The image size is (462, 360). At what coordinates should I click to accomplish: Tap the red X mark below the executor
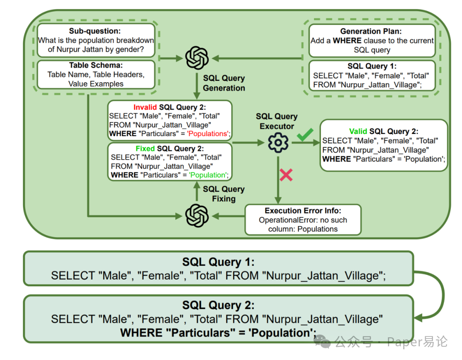(x=286, y=174)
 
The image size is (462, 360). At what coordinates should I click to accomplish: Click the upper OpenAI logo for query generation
(x=197, y=58)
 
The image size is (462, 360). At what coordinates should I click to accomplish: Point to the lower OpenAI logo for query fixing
(x=197, y=215)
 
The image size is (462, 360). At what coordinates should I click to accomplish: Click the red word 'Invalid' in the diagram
(x=145, y=107)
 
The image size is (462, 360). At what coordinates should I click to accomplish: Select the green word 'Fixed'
(x=145, y=149)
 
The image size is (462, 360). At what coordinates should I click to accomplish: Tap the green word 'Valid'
(x=358, y=131)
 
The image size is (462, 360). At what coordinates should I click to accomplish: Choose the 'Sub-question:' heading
(x=95, y=31)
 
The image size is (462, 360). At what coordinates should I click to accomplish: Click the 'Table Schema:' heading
(x=95, y=65)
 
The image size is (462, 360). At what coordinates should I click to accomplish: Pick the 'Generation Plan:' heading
(x=372, y=31)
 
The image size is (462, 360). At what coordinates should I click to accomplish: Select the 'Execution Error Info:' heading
(x=303, y=211)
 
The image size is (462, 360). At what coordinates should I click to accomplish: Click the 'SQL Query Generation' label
(x=224, y=83)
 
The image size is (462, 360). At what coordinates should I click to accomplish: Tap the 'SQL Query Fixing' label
(x=224, y=193)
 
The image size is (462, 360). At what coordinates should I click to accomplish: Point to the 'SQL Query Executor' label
(x=277, y=121)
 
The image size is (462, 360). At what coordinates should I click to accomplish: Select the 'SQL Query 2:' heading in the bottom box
(x=218, y=305)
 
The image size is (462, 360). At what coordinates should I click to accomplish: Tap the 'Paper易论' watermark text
(x=417, y=342)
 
